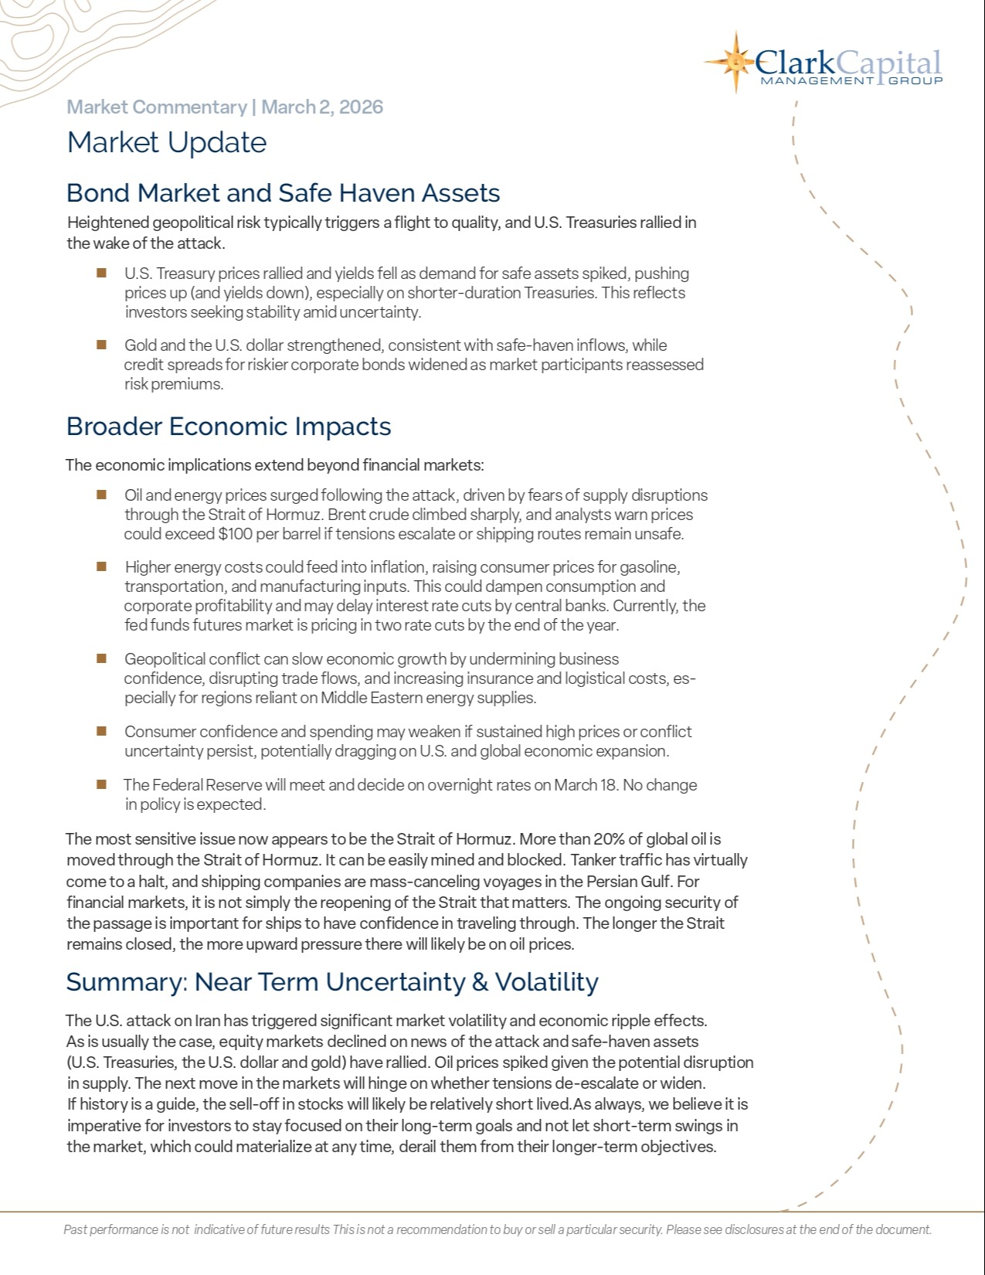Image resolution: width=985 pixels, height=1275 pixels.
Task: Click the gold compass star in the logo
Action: (735, 61)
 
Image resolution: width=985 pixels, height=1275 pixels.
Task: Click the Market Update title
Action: (167, 142)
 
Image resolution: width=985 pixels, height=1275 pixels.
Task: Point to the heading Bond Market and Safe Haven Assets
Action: (283, 192)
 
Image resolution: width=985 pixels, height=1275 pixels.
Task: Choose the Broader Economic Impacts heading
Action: (229, 426)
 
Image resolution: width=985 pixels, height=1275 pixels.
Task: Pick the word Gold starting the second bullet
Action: (141, 345)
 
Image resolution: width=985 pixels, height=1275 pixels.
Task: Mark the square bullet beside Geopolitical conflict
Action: (101, 658)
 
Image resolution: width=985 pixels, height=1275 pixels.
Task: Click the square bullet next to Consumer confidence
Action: (101, 730)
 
